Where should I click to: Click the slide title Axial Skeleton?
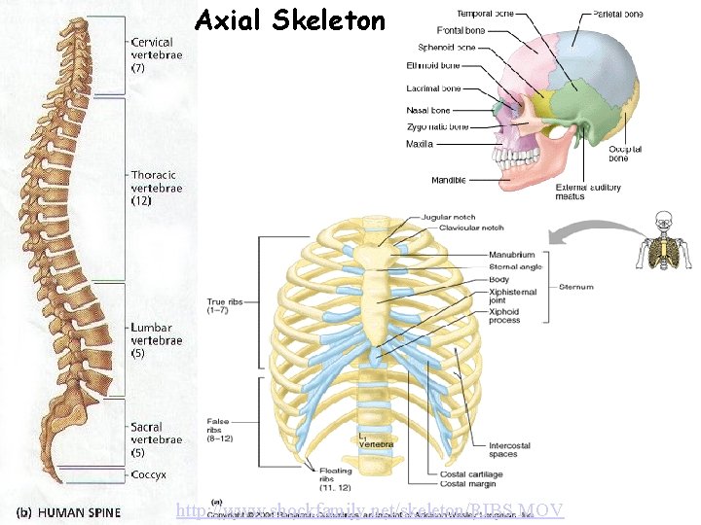(290, 19)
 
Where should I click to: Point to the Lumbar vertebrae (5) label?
(157, 341)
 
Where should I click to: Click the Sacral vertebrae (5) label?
(157, 439)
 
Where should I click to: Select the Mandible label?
(449, 180)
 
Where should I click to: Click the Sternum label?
(576, 287)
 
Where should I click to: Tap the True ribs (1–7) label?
(230, 307)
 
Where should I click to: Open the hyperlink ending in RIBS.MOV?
(370, 509)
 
